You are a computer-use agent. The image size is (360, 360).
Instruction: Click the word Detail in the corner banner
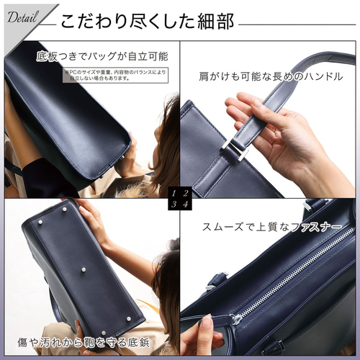click(24, 19)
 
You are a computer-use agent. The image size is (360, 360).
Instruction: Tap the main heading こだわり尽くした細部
click(147, 22)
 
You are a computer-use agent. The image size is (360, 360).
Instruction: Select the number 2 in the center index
click(186, 193)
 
